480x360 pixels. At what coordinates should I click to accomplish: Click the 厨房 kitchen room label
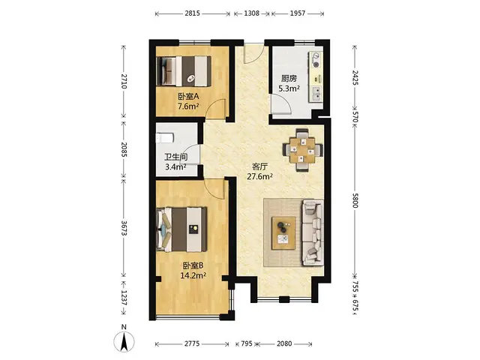[289, 79]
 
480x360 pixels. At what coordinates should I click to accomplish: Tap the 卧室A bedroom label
[188, 97]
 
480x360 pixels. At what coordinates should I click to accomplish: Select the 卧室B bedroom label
[193, 265]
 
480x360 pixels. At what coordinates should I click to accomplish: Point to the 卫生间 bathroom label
[176, 157]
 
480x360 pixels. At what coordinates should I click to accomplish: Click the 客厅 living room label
[260, 166]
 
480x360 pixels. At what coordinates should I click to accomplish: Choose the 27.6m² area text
[260, 177]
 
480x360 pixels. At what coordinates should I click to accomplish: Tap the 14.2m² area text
[193, 275]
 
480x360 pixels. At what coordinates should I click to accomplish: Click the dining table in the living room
[303, 150]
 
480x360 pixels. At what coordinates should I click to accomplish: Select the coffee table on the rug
[284, 233]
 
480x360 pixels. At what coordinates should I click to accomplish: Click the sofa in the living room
[313, 232]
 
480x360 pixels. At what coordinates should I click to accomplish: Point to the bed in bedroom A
[184, 71]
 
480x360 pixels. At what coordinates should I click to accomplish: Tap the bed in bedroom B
[181, 229]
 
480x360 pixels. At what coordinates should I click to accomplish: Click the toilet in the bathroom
[165, 138]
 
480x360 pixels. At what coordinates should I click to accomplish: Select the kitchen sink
[316, 94]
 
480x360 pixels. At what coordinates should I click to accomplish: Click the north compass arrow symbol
[124, 341]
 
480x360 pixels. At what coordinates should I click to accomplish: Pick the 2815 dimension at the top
[192, 13]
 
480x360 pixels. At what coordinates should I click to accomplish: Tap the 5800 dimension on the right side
[355, 200]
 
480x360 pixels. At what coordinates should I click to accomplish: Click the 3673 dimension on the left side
[124, 228]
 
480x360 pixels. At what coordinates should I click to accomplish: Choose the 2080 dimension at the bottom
[284, 343]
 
